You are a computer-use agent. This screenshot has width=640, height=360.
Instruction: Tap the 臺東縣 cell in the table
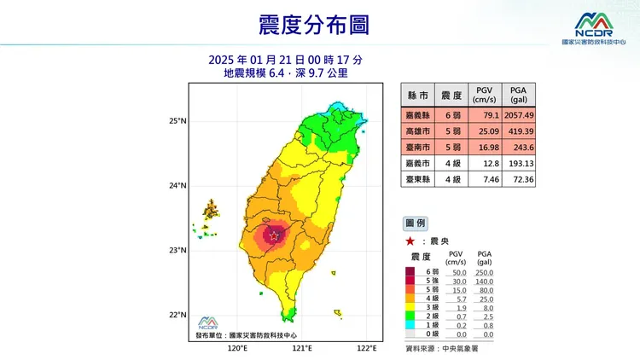[416, 179]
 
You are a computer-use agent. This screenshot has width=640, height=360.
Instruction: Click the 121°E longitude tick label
[301, 349]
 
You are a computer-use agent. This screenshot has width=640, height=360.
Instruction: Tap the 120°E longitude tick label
[236, 349]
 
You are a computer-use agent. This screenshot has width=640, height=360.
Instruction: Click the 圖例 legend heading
[416, 224]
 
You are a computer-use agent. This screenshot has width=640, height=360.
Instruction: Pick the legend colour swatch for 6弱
[412, 272]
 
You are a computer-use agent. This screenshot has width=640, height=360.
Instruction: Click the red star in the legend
[410, 241]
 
